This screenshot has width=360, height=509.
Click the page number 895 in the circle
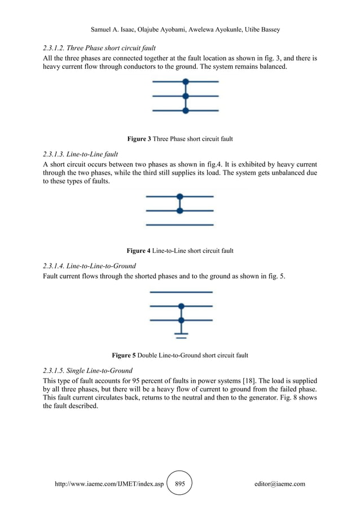180,484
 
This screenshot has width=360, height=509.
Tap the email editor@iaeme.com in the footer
280,484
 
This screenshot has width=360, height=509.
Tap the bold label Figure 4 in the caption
140,250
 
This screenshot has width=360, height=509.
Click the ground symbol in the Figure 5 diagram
181,335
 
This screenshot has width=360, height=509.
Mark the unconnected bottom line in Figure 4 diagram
180,225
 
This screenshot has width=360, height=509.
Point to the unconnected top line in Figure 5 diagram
181,292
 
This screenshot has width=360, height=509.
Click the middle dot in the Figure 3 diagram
185,96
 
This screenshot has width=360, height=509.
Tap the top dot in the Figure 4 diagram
180,197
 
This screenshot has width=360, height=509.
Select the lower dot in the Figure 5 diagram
181,320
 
